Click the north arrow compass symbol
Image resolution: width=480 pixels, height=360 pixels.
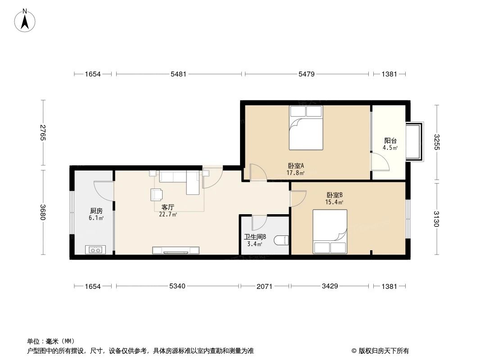click(x=25, y=21)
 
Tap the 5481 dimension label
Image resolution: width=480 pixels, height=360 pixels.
click(x=178, y=74)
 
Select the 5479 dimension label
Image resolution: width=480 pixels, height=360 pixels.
click(x=307, y=74)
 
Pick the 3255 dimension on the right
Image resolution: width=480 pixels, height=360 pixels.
click(x=437, y=142)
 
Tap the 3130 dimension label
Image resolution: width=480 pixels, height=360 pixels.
click(x=437, y=219)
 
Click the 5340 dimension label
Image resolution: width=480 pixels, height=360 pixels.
click(x=177, y=286)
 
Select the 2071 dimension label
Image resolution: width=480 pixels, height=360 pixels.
click(x=264, y=286)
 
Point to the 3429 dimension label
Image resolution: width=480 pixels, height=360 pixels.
click(x=330, y=286)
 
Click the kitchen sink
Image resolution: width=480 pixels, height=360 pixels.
click(x=95, y=250)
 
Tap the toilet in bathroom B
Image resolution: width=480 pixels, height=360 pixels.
click(x=282, y=240)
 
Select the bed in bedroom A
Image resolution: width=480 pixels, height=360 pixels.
click(x=306, y=128)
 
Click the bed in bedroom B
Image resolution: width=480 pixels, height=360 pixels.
click(x=330, y=232)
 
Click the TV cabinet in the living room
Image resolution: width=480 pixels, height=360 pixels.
click(x=176, y=251)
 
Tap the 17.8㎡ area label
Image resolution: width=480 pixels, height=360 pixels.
click(x=295, y=173)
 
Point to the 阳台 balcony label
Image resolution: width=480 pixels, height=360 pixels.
click(x=390, y=141)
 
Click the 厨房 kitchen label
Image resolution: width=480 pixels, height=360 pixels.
click(x=96, y=211)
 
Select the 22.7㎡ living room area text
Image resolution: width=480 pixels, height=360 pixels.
click(x=168, y=214)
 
